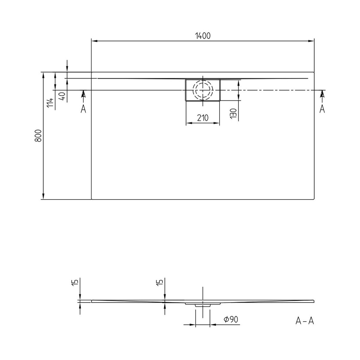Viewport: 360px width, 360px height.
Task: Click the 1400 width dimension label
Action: point(203,36)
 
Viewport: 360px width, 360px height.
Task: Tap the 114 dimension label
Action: point(50,103)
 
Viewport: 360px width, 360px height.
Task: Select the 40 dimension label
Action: point(63,96)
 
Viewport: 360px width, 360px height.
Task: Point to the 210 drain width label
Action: point(203,118)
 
